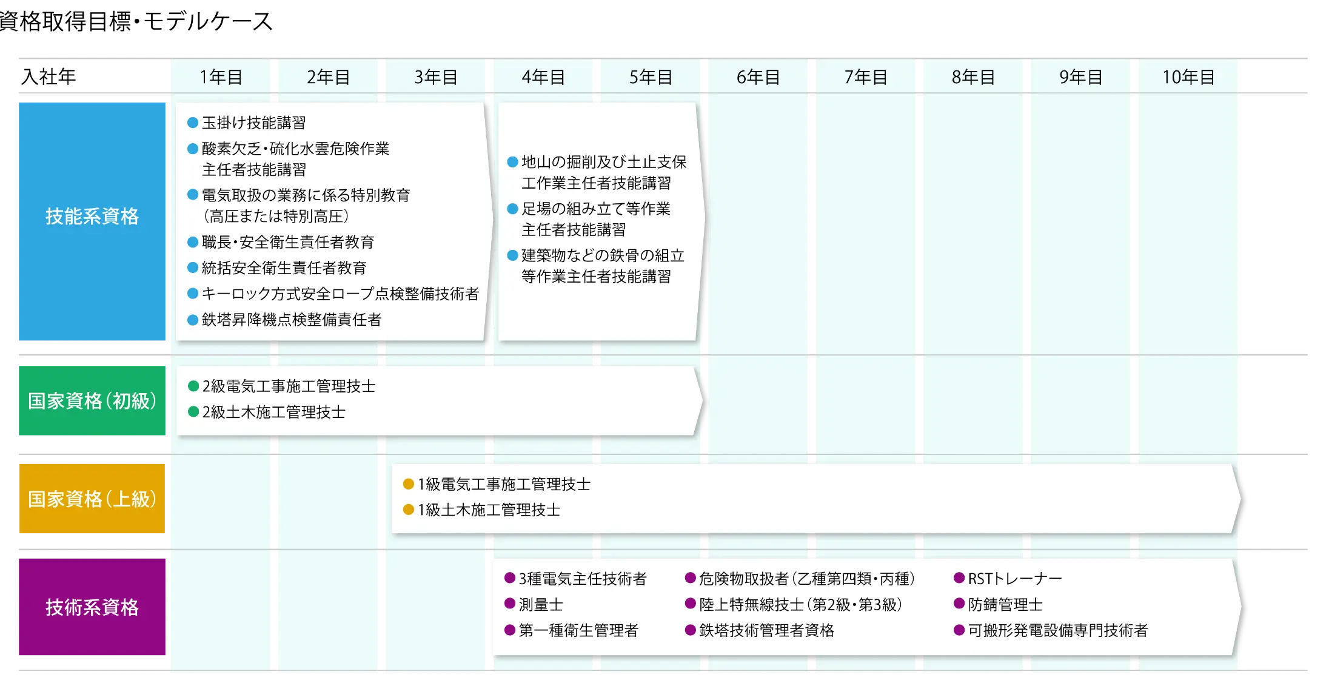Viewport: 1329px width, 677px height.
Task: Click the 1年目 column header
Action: pos(221,77)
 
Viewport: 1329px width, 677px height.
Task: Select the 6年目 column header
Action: pos(758,77)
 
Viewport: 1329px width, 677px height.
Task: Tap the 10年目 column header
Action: pos(1188,77)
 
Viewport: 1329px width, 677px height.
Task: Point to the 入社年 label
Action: pos(49,76)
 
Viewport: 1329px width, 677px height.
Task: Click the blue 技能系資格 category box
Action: pos(92,221)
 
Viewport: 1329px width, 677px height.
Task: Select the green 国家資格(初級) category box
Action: pos(92,400)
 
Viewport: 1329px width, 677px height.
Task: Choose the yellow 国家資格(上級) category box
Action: pos(92,499)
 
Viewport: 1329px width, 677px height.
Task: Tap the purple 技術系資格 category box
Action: pos(92,607)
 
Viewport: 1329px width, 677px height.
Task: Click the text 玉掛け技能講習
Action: pos(253,123)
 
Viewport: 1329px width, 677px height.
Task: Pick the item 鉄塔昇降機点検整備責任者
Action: pos(292,320)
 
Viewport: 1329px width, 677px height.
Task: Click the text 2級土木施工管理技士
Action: pos(274,412)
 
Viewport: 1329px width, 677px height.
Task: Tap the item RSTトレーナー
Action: pos(1015,579)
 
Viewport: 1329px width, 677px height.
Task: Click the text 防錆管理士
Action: pos(1005,605)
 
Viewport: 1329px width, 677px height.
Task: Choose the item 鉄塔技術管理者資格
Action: pos(766,630)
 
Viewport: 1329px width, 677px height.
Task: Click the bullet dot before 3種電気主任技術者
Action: pos(510,578)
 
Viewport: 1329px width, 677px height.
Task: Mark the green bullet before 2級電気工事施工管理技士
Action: pos(193,386)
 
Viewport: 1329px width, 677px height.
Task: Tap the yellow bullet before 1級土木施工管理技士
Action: pos(409,510)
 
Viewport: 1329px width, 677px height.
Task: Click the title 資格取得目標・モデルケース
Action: pos(136,21)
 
